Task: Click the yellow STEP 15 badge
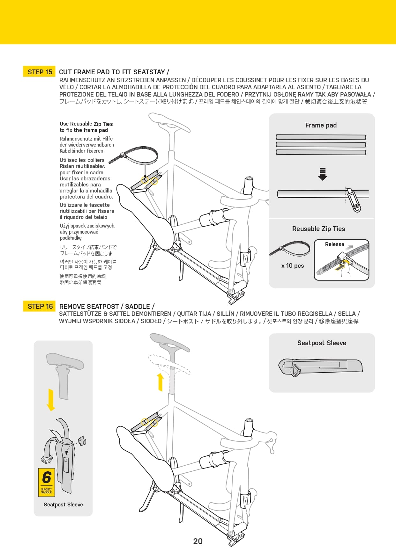click(39, 72)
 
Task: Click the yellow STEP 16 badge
click(39, 306)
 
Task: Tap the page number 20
click(198, 541)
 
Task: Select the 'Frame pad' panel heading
click(321, 125)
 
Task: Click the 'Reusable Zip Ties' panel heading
click(318, 229)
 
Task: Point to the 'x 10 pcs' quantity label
click(292, 266)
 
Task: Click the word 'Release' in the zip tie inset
click(334, 244)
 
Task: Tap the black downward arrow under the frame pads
click(322, 174)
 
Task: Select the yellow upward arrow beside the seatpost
click(161, 382)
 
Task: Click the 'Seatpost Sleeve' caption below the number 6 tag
click(63, 505)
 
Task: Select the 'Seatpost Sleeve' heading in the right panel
click(322, 343)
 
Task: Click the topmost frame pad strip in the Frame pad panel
click(321, 137)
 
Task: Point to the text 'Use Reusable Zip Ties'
click(86, 124)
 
